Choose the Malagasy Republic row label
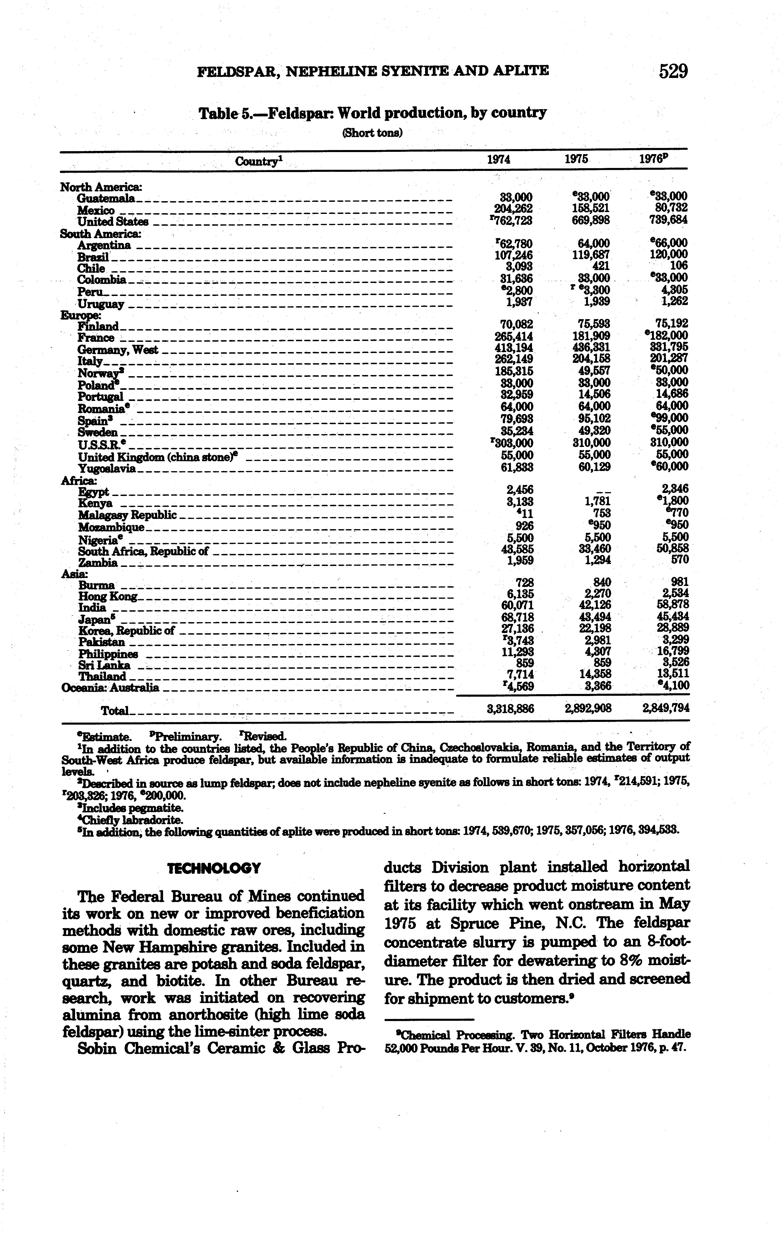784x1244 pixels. tap(127, 515)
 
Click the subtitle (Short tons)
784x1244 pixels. tap(372, 133)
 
